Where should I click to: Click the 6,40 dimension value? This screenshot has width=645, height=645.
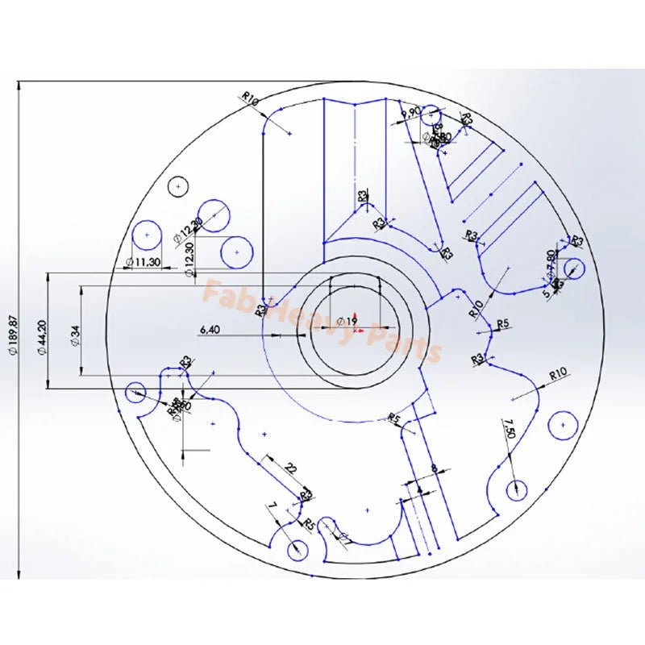pos(209,329)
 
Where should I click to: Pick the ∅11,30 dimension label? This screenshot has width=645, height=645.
pos(145,263)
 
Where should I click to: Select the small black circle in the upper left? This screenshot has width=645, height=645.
pos(177,185)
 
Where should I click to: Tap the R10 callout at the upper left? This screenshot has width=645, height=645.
pos(250,100)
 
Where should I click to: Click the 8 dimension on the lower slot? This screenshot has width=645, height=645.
pos(434,468)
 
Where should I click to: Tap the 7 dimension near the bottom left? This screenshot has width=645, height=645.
pos(273,506)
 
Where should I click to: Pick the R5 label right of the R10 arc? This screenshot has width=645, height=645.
pos(503,323)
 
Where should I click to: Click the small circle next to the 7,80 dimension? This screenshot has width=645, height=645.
pos(574,268)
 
